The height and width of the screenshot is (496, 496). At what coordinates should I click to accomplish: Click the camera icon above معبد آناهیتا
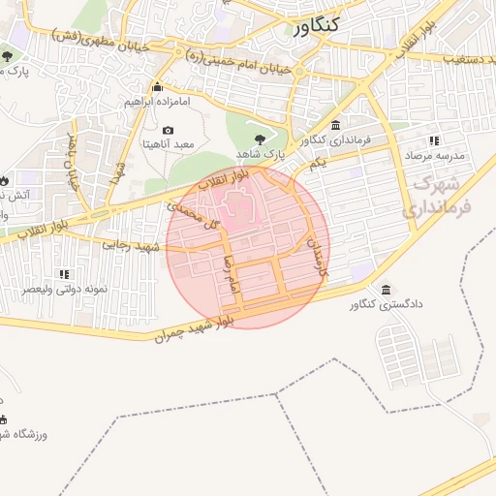pos(169,131)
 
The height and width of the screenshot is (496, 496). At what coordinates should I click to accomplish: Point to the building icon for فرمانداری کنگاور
pos(335,125)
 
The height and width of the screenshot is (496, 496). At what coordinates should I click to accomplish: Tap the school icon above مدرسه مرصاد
pos(434,140)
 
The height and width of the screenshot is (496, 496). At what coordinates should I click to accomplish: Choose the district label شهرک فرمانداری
pos(442,194)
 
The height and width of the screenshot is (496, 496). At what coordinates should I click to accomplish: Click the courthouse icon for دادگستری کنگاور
pos(387,291)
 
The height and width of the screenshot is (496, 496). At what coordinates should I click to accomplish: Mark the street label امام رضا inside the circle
pos(231,274)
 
